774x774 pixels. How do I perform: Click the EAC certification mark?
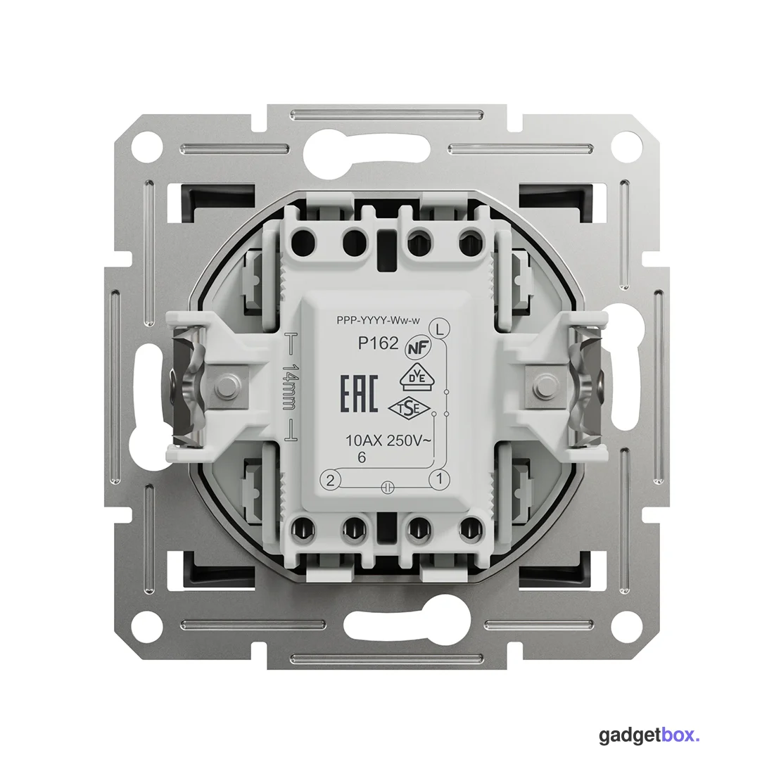[x=360, y=393]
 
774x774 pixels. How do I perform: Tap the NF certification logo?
[x=418, y=348]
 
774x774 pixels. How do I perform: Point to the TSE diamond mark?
[x=410, y=408]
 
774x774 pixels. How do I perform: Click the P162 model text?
[x=378, y=343]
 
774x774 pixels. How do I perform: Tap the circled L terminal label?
[x=440, y=329]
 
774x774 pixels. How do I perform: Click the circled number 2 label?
[x=330, y=480]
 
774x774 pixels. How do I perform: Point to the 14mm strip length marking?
[x=290, y=387]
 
